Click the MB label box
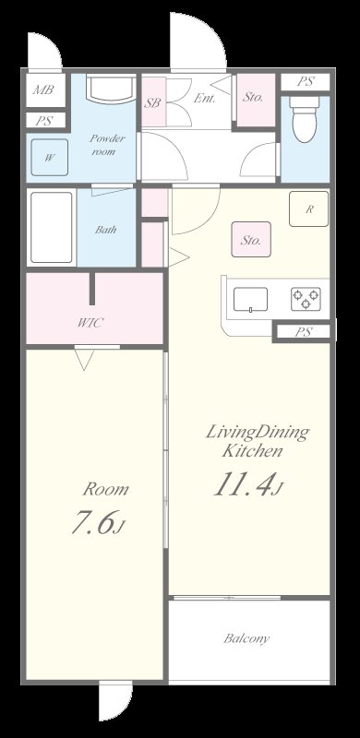click(x=43, y=89)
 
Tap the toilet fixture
click(x=305, y=119)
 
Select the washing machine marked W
click(x=50, y=158)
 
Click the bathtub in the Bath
click(x=52, y=227)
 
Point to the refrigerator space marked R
click(x=309, y=209)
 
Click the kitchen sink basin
click(x=250, y=299)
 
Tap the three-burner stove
click(x=306, y=299)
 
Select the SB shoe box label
click(x=152, y=103)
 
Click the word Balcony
click(x=246, y=638)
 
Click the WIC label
click(x=90, y=323)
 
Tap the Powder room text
click(x=107, y=145)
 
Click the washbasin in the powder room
click(x=111, y=89)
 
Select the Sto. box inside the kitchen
click(x=251, y=239)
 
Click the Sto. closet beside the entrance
click(x=256, y=100)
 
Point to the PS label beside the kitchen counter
click(x=304, y=332)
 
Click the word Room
click(x=105, y=490)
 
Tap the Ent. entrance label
click(x=205, y=99)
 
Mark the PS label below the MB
click(x=43, y=121)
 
